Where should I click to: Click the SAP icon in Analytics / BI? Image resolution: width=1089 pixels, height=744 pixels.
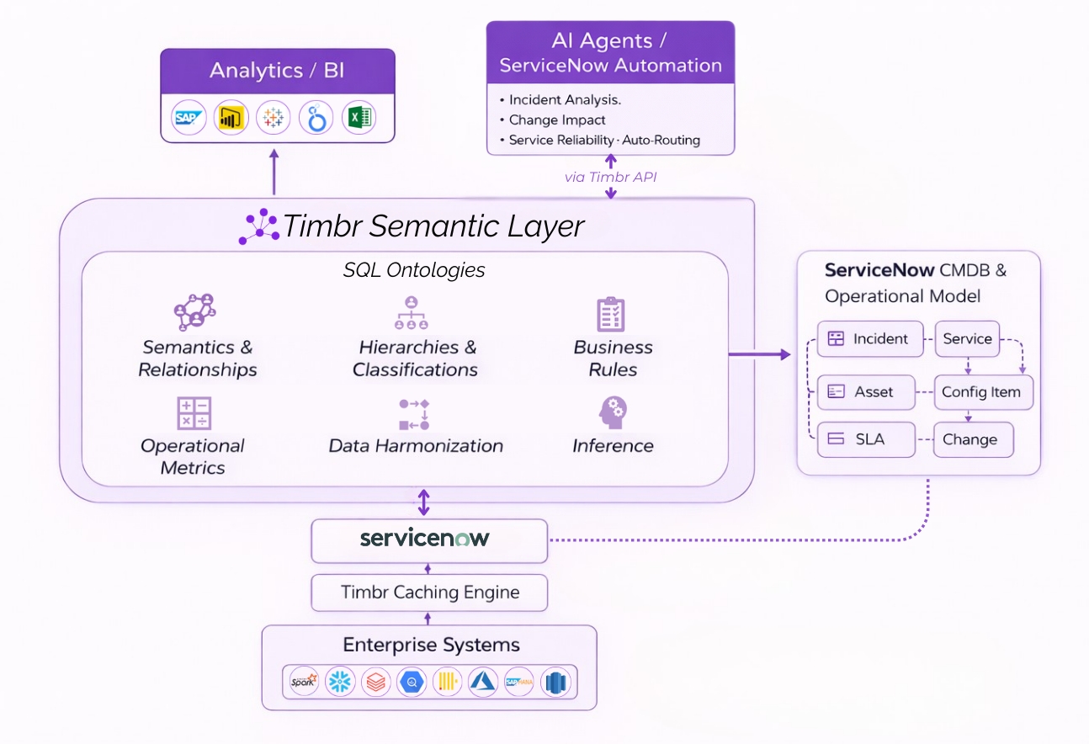pos(189,118)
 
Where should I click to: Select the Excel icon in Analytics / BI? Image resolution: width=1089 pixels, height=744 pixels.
pos(359,118)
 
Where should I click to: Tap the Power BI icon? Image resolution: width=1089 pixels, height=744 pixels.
pos(230,118)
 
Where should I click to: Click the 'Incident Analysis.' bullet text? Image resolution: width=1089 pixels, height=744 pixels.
pos(565,100)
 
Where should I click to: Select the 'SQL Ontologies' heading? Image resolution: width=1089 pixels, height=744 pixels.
pos(414,270)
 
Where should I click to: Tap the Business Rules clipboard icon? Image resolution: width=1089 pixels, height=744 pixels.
pos(610,314)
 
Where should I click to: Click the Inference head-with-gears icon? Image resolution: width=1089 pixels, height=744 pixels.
pos(613,413)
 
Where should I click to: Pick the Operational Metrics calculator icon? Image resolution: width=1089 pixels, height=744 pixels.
pos(194,413)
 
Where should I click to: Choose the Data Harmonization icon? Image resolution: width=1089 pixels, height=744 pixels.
pos(414,413)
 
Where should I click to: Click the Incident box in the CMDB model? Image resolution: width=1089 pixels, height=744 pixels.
pos(870,339)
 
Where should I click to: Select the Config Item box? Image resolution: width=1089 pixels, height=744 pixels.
pos(982,392)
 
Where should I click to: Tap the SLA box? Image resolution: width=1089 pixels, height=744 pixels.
pos(866,439)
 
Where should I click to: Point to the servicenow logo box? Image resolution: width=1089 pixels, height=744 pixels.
pos(428,540)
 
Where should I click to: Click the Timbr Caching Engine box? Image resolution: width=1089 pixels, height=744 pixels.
pos(429,593)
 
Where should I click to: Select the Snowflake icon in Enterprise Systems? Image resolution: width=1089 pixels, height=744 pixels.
pos(340,681)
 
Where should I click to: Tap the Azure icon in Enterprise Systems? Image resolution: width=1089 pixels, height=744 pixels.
pos(484,681)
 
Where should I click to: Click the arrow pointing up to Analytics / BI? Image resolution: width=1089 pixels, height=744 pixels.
pos(274,173)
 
